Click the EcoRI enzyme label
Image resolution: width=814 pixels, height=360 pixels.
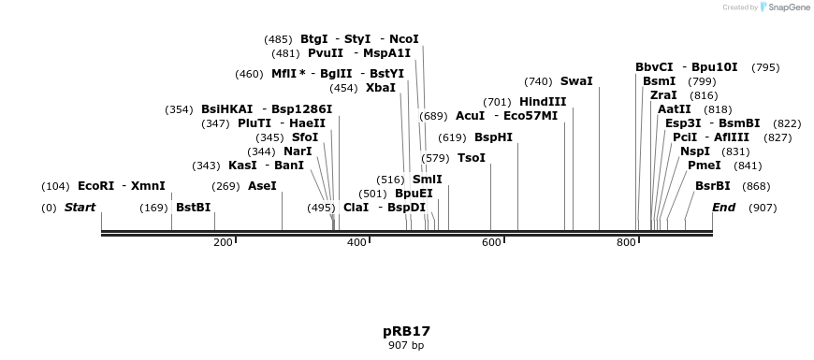[x=95, y=186]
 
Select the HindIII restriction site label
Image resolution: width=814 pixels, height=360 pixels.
[x=543, y=102]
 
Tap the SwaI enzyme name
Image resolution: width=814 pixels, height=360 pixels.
[x=576, y=81]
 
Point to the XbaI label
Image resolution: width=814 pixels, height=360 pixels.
[x=381, y=88]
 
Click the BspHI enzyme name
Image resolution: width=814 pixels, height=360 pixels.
[x=493, y=137]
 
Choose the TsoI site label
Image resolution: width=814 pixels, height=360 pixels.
[x=471, y=158]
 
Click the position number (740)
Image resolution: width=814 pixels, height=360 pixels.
[x=538, y=82]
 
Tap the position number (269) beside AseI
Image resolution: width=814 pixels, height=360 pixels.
[x=225, y=186]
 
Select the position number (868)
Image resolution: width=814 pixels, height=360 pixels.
[x=756, y=186]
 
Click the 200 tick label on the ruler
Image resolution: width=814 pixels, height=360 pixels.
[x=223, y=242]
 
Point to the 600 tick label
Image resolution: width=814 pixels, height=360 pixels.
[x=491, y=242]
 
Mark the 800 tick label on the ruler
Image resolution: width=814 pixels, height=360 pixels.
[x=626, y=242]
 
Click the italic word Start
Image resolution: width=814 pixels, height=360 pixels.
[x=80, y=208]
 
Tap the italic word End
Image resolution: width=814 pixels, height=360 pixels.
[x=723, y=208]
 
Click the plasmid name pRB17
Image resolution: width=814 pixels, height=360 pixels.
[x=406, y=331]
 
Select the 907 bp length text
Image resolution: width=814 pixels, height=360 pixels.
[x=406, y=345]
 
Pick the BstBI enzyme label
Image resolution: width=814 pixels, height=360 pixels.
[x=193, y=208]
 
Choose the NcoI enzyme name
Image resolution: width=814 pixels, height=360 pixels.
[x=404, y=39]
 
